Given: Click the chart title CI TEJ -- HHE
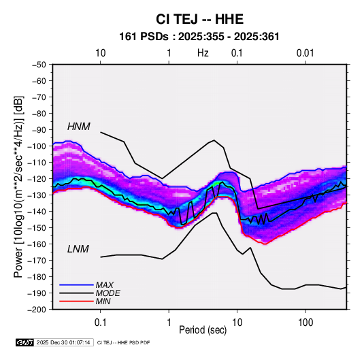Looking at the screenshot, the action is tap(199, 19).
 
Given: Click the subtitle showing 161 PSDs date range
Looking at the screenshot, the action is tap(199, 37).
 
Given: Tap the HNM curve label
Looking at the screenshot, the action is tap(79, 127).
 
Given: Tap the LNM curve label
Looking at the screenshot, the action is tap(78, 249).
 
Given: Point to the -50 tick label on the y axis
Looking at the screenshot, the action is tap(39, 65).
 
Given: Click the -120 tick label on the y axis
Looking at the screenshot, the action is tap(37, 179).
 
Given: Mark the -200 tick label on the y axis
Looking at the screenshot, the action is tap(37, 310).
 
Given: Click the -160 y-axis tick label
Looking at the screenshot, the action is tap(37, 244).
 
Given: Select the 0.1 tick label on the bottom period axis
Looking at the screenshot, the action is tap(100, 323).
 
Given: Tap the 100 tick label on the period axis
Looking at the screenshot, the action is tap(305, 323).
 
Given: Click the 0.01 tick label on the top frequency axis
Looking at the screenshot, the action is tap(305, 53).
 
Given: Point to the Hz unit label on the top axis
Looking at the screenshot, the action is tap(203, 53).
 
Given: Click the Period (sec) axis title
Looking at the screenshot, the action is tap(203, 330).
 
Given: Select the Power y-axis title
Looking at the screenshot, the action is tap(18, 186).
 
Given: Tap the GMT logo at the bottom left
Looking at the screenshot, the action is tap(25, 342).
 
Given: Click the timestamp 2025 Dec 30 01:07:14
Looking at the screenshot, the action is tap(63, 342).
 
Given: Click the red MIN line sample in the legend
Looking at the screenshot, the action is tap(76, 301).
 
